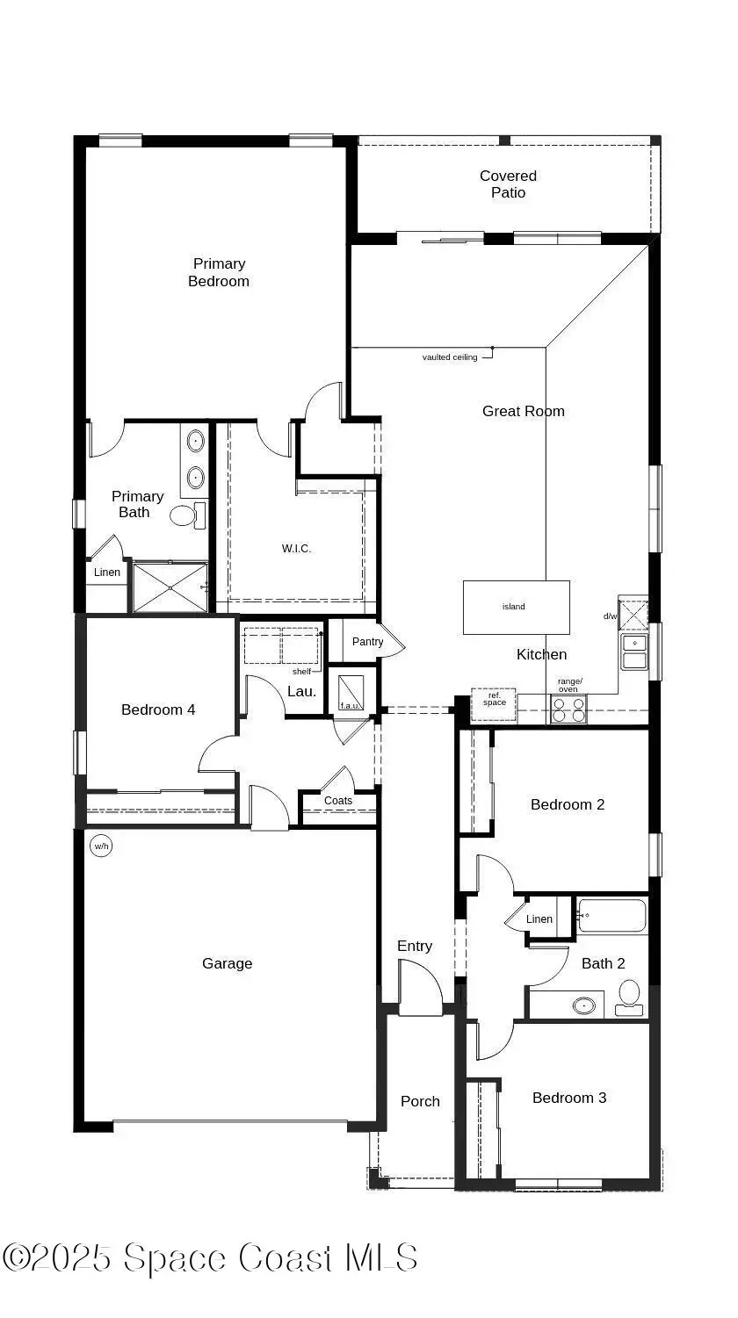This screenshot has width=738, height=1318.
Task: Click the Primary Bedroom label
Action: (219, 272)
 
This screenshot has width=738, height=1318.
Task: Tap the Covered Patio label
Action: (508, 184)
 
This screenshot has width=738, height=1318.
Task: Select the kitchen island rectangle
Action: (516, 607)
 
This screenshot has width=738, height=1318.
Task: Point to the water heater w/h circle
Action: (101, 846)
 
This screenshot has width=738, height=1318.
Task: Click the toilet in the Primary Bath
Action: (185, 515)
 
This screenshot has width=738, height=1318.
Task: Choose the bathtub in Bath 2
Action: (612, 916)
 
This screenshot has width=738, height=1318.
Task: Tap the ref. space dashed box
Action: (494, 703)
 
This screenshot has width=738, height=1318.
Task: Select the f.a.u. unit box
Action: (351, 690)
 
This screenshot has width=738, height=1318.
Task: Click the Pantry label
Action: (367, 642)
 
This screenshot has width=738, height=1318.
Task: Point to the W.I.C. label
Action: (296, 549)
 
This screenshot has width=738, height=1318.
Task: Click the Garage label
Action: (227, 963)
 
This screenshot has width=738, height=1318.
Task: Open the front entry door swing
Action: (420, 988)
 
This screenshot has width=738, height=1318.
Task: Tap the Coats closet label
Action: (338, 801)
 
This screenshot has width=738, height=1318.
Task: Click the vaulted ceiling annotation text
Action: (450, 357)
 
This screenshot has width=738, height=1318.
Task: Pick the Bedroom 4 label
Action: (158, 709)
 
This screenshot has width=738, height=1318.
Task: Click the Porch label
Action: (420, 1101)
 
